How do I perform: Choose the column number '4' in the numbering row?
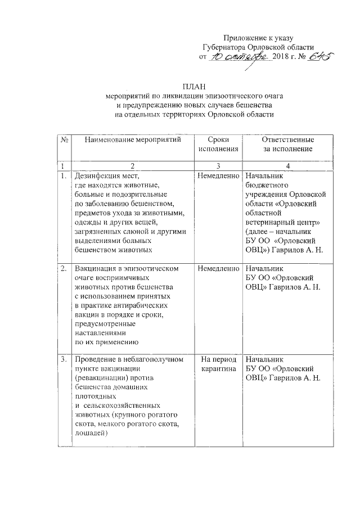point(288,165)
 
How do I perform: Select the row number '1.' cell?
point(64,176)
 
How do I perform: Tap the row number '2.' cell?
point(64,269)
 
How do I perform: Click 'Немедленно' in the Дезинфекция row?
point(217,176)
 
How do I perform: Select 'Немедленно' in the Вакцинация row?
point(217,269)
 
